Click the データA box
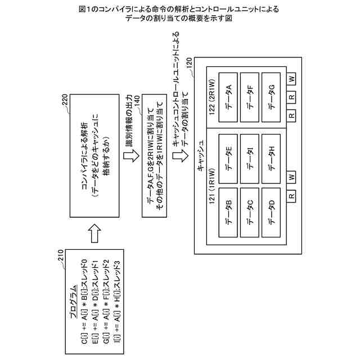pyautogui.click(x=228, y=97)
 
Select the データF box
pyautogui.click(x=250, y=97)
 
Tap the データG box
pyautogui.click(x=271, y=97)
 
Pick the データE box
pyautogui.click(x=228, y=159)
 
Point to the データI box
pyautogui.click(x=250, y=159)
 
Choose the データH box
pyautogui.click(x=271, y=159)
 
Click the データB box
pyautogui.click(x=228, y=213)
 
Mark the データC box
pyautogui.click(x=250, y=213)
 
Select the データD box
pyautogui.click(x=271, y=213)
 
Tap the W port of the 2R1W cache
pyautogui.click(x=291, y=79)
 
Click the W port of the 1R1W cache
pyautogui.click(x=291, y=177)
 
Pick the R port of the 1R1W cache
pyautogui.click(x=291, y=196)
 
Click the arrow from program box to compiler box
pyautogui.click(x=94, y=233)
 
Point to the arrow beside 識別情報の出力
pyautogui.click(x=131, y=156)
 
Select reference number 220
pyautogui.click(x=65, y=100)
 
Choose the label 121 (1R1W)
pyautogui.click(x=212, y=186)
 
